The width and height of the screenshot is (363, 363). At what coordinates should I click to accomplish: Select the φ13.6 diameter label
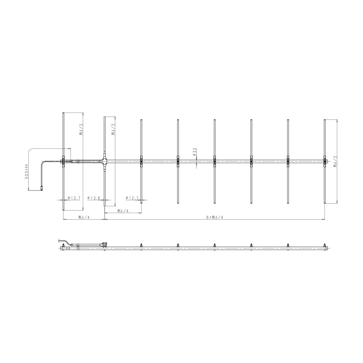pyautogui.click(x=94, y=198)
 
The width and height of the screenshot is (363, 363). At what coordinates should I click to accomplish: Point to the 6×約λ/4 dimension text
pyautogui.click(x=215, y=217)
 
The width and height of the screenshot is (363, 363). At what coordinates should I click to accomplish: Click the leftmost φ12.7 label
pyautogui.click(x=74, y=198)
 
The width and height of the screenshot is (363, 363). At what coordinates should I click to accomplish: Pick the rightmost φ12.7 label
pyautogui.click(x=132, y=198)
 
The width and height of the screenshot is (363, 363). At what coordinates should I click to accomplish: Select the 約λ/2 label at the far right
pyautogui.click(x=335, y=162)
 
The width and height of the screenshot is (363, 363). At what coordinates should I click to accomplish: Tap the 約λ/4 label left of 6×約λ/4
pyautogui.click(x=84, y=217)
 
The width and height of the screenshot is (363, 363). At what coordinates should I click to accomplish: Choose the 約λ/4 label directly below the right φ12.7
pyautogui.click(x=123, y=211)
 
